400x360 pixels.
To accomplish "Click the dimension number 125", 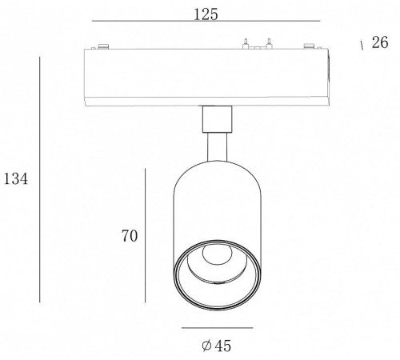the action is (206, 14).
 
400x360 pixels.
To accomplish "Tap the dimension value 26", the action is (380, 42).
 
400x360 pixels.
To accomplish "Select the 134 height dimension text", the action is (15, 178).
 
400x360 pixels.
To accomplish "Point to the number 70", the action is (130, 236).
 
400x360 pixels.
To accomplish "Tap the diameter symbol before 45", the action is (207, 346).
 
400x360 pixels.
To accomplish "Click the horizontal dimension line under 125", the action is (206, 21).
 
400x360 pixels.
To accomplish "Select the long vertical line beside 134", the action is (40, 179).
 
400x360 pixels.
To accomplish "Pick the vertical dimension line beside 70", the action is (145, 235).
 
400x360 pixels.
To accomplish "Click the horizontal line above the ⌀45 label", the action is (218, 328).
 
